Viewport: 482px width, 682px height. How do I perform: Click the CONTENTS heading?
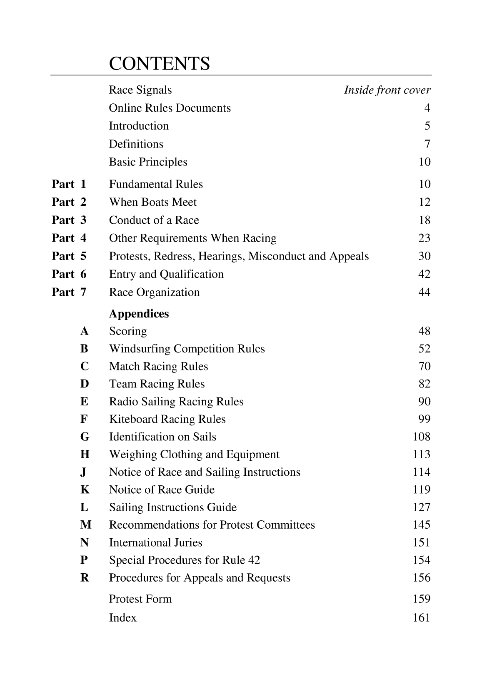(x=159, y=64)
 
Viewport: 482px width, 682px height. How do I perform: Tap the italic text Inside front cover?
(x=387, y=90)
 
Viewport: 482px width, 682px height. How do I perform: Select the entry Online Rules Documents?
(x=170, y=108)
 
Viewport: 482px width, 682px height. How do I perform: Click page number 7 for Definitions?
(x=427, y=144)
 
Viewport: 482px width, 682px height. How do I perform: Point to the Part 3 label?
(x=69, y=220)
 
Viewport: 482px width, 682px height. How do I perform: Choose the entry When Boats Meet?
(x=152, y=202)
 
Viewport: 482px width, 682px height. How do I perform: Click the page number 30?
(x=424, y=256)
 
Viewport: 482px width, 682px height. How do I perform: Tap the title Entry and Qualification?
(x=166, y=274)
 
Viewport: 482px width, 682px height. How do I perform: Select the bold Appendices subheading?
(x=139, y=314)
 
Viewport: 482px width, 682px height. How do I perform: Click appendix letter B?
(x=85, y=349)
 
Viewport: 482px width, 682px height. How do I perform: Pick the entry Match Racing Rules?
(x=158, y=367)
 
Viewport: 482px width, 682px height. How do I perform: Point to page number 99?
(x=424, y=419)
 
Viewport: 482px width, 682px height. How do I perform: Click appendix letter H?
(x=85, y=455)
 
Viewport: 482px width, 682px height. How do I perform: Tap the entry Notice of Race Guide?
(x=162, y=490)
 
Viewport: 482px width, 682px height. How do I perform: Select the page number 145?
(x=421, y=525)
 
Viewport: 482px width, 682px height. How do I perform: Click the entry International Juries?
(x=155, y=542)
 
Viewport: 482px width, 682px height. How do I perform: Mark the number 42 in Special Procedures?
(x=254, y=560)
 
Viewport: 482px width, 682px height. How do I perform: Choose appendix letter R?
(x=85, y=578)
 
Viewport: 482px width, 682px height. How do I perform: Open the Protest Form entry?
(x=140, y=599)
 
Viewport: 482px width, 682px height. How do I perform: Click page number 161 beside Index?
(x=421, y=617)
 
